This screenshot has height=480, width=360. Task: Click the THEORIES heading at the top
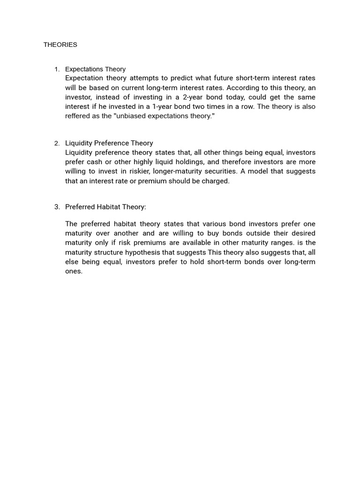pyautogui.click(x=60, y=45)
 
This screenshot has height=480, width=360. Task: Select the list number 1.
pyautogui.click(x=57, y=69)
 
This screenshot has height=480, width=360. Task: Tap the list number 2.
pyautogui.click(x=57, y=143)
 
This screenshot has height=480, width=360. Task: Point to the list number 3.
pyautogui.click(x=57, y=207)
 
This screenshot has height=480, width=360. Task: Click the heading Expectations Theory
pyautogui.click(x=95, y=69)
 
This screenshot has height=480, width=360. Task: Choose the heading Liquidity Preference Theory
pyautogui.click(x=109, y=143)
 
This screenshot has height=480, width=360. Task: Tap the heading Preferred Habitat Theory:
pyautogui.click(x=105, y=207)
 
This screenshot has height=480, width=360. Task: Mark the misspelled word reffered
pyautogui.click(x=78, y=116)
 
